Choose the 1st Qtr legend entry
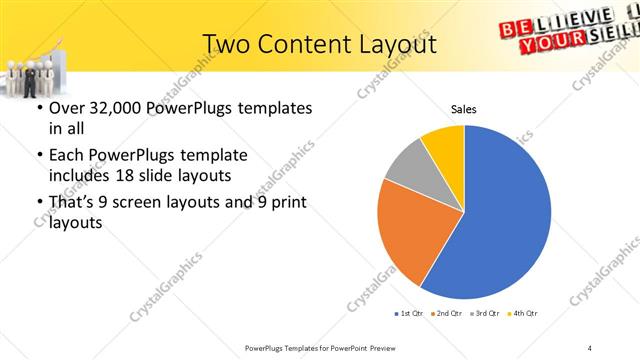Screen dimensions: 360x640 tap(411, 314)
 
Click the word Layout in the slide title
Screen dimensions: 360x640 tap(400, 44)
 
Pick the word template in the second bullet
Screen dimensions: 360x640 tap(212, 155)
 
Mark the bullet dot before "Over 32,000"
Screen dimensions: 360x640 tap(39, 108)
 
